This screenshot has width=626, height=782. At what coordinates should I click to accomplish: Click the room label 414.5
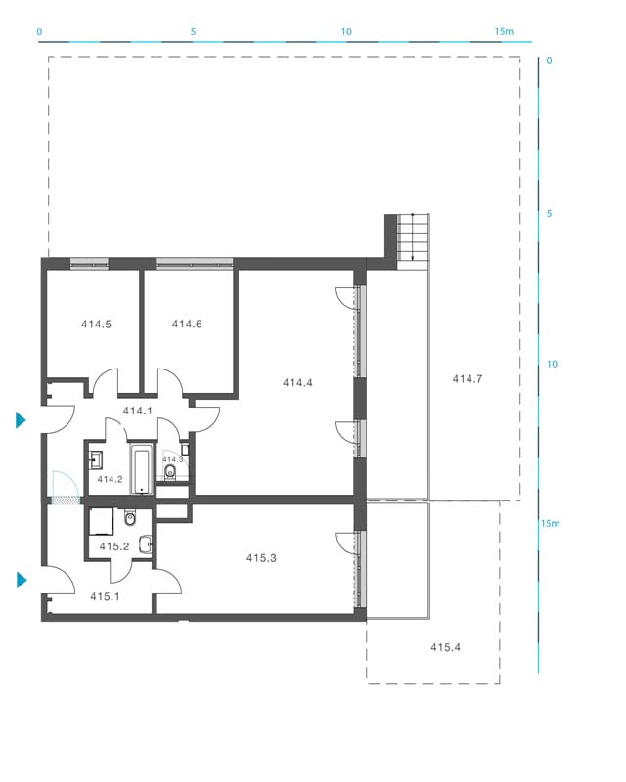pos(97,325)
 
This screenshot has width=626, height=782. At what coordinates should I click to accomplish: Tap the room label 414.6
pos(187,325)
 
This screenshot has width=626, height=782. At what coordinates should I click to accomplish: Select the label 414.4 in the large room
pos(297,382)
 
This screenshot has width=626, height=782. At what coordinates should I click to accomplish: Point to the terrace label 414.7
pos(468,379)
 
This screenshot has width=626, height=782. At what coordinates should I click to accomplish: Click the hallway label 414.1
pos(137,411)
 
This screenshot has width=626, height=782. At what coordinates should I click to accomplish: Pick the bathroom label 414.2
pos(110,479)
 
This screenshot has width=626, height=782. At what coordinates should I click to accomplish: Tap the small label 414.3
pos(172,459)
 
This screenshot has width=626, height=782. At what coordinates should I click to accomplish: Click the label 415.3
pos(261,558)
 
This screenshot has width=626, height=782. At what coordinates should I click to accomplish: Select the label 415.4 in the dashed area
pos(445,647)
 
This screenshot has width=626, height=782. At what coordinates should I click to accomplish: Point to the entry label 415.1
pos(105,596)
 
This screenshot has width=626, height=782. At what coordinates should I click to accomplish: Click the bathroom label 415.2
pos(114,546)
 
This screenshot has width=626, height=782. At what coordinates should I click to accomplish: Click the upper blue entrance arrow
pos(21,420)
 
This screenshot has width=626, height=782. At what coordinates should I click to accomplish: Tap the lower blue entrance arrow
pos(21,580)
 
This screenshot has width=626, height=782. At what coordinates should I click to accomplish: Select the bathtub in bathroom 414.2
pos(142,469)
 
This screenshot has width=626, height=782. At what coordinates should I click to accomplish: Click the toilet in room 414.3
pos(171,472)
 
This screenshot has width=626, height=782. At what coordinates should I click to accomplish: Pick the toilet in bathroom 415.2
pos(130,518)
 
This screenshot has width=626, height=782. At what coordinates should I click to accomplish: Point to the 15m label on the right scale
pos(550,523)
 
